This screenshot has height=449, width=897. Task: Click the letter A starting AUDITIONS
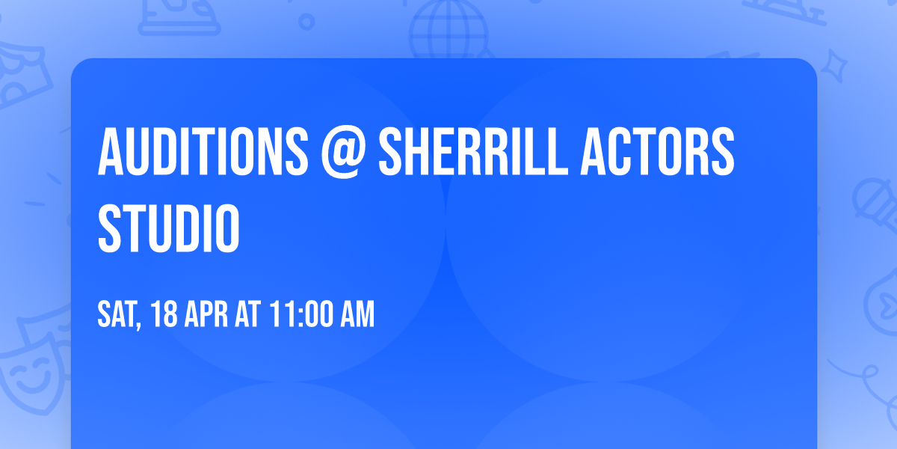click(x=109, y=152)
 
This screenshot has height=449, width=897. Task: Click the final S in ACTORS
click(x=723, y=152)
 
